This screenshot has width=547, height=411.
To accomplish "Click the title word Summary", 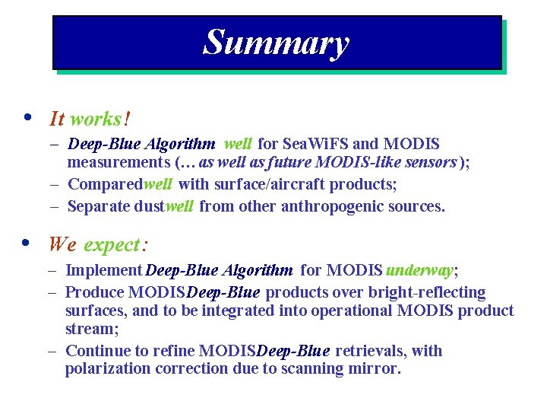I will coord(276,43).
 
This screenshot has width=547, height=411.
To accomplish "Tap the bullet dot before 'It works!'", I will coord(27,118).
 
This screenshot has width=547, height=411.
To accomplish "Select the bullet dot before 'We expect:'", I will coord(27,244).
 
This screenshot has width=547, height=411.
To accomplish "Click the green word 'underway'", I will coord(419,270).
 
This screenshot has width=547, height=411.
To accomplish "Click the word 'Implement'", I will coord(104,270).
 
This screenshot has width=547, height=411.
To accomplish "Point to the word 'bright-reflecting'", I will coord(426,292).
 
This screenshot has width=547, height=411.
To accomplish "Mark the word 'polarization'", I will coord(108,369).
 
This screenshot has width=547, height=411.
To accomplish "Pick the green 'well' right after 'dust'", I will coord(179,206).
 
